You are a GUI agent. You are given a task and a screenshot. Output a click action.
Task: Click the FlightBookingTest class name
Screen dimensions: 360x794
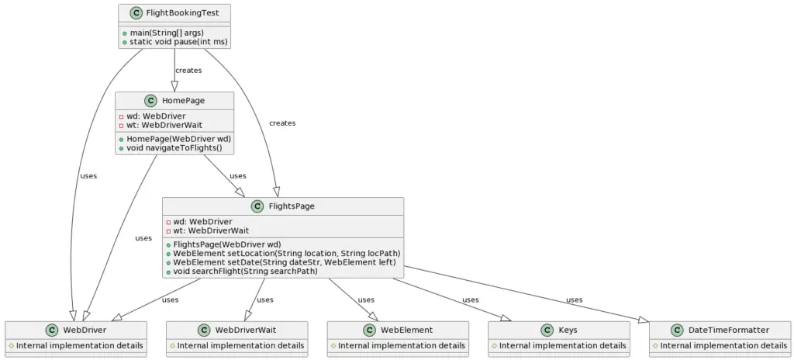tap(181, 12)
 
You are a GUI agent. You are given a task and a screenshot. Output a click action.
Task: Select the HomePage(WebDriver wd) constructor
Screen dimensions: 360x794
tap(173, 139)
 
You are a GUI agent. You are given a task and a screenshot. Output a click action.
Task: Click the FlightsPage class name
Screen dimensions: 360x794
tap(291, 206)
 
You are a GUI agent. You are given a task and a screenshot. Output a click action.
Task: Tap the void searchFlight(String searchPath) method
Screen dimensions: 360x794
tap(245, 272)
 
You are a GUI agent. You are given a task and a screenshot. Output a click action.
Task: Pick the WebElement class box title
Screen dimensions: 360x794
tap(406, 330)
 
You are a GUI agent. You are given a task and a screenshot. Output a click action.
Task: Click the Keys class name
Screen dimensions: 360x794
tap(567, 330)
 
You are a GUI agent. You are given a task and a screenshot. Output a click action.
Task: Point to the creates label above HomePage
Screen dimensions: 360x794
tap(188, 71)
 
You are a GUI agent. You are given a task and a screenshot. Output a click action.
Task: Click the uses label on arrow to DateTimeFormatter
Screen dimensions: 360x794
tap(574, 299)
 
